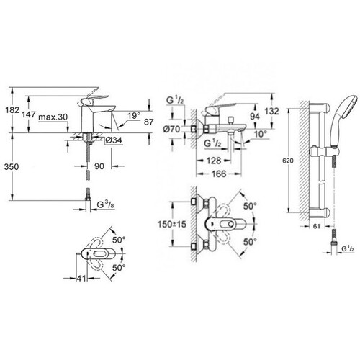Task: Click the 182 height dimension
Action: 12,110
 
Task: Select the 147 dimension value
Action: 29,114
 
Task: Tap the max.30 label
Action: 53,117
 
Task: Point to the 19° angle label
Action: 134,116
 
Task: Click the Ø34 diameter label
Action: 114,140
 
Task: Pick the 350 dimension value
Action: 12,166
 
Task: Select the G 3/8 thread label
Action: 105,204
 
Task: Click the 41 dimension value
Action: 81,279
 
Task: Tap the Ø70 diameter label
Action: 171,129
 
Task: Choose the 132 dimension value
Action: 271,112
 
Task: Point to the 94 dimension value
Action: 255,117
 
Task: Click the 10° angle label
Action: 261,134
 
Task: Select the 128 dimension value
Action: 214,161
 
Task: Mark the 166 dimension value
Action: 219,174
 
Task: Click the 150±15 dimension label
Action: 172,224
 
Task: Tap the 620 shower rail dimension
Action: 288,161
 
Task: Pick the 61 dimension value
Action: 317,226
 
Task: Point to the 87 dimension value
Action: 148,122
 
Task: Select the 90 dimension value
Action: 99,166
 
